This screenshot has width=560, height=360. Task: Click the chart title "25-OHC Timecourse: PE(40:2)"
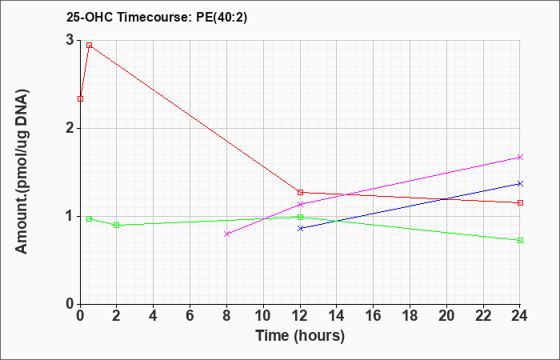pos(157,18)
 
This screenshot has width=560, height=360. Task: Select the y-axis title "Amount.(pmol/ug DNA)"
pos(22,172)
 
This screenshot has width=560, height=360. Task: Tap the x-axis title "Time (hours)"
pos(300,336)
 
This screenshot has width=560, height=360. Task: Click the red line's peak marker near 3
pos(90,46)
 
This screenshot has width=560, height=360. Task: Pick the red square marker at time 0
pos(80,99)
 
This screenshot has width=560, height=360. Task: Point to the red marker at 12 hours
pos(300,193)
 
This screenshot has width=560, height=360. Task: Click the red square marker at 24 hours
pos(520,203)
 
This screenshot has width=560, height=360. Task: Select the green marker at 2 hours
pos(117,226)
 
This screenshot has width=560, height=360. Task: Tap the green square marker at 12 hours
pos(300,217)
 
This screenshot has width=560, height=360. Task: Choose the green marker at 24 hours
pos(520,240)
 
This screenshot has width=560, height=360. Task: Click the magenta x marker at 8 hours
pos(226,234)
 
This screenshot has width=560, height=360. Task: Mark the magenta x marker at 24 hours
pos(520,157)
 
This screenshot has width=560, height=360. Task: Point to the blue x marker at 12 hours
pos(300,228)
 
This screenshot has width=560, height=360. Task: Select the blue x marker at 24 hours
pos(520,183)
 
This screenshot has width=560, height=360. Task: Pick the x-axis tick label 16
pos(374,316)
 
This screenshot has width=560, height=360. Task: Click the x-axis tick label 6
pos(190,316)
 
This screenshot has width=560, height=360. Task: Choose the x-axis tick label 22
pos(483,316)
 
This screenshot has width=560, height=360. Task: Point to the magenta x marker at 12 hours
pos(300,205)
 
